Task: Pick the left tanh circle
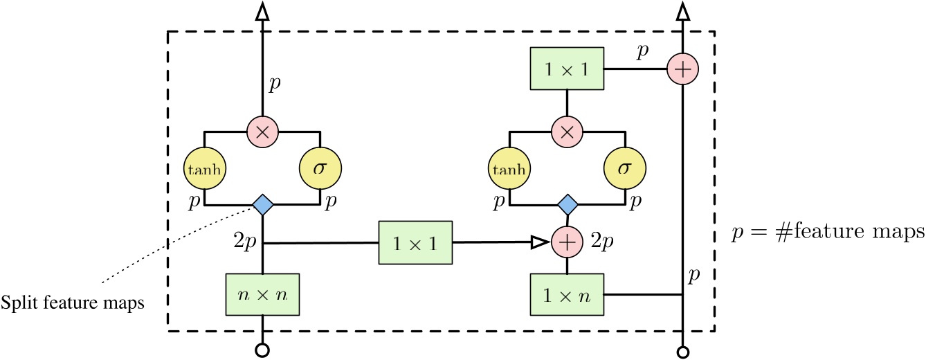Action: (x=206, y=167)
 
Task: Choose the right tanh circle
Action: (x=510, y=167)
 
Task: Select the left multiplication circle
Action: (x=263, y=131)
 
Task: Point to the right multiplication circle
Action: (x=568, y=131)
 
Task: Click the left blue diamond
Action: (x=263, y=204)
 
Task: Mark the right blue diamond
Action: (x=568, y=204)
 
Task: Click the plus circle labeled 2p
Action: (x=568, y=243)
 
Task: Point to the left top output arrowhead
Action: (x=263, y=12)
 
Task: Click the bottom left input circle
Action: (x=263, y=351)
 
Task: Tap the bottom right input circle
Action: (x=683, y=351)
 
